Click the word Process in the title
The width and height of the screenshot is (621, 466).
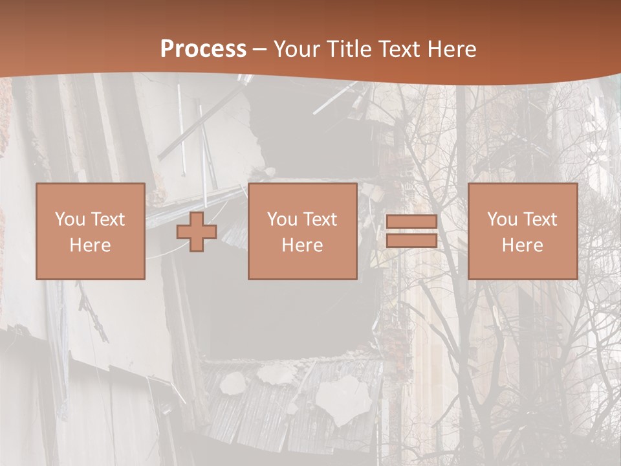pos(203,49)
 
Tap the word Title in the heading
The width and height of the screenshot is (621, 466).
pos(348,49)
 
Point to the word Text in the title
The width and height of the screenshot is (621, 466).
pos(404,49)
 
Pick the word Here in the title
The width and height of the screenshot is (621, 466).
pos(454,49)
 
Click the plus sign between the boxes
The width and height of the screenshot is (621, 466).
pos(197,232)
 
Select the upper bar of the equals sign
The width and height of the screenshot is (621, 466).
pos(411,222)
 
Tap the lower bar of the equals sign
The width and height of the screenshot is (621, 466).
pos(411,241)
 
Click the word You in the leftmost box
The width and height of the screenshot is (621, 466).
pos(70,219)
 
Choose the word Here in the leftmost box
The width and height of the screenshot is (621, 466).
pos(90,245)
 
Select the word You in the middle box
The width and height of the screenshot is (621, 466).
pos(282,219)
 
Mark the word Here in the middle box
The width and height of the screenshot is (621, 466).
pos(302,245)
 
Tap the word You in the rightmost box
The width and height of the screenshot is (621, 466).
pos(502,219)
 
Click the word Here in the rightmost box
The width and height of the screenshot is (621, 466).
pos(522,245)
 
